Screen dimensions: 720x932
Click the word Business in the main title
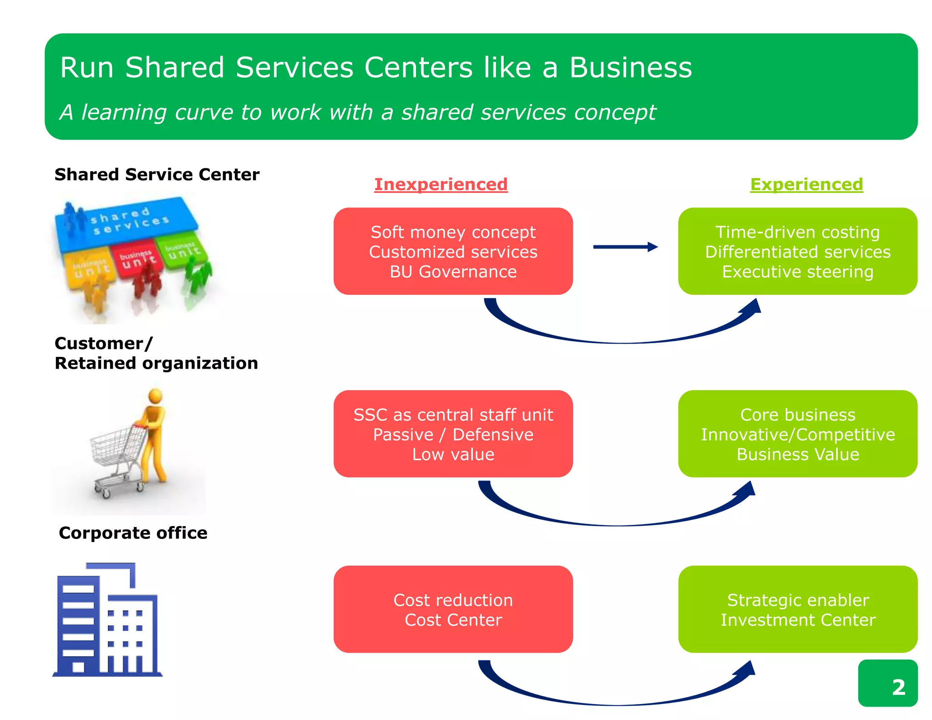(x=630, y=67)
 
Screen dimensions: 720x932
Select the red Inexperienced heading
(x=441, y=184)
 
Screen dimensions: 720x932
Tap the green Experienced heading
(x=806, y=184)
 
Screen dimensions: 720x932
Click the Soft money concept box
(x=453, y=251)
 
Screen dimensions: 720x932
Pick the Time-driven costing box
(x=797, y=251)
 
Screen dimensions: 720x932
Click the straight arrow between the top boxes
(x=625, y=247)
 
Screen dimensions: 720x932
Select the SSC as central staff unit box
(x=453, y=434)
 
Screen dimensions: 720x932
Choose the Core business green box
(x=797, y=434)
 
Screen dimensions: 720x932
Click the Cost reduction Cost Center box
(x=453, y=609)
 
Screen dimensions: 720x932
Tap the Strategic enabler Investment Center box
(x=797, y=609)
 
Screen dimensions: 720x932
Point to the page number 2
(x=898, y=687)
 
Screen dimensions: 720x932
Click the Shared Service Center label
(x=157, y=175)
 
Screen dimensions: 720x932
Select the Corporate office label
(x=133, y=533)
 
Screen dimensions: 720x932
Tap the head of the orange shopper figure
(x=156, y=395)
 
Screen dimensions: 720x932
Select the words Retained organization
(x=156, y=363)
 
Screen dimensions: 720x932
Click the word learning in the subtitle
(x=124, y=112)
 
